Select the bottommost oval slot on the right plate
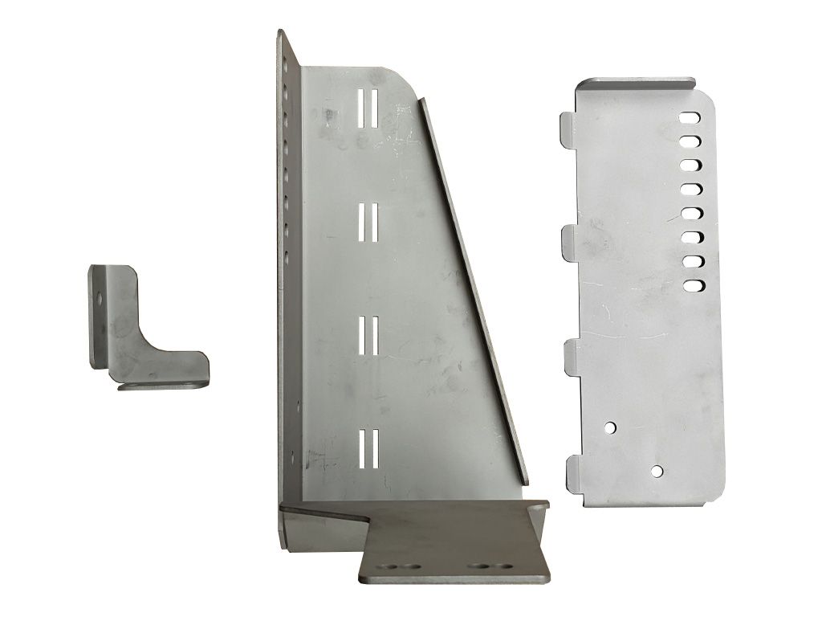690,284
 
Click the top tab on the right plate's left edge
567,129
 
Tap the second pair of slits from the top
368,221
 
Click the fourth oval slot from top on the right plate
690,190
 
